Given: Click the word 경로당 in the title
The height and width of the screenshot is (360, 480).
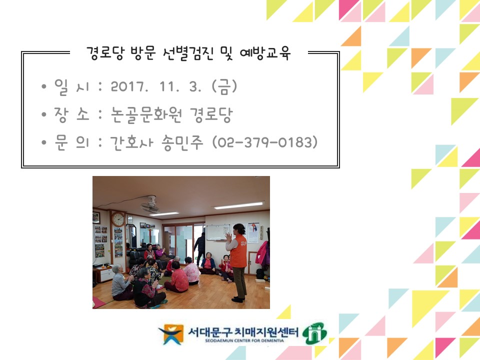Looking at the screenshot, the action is point(105,53).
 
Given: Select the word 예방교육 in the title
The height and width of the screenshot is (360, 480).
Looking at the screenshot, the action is point(265,53).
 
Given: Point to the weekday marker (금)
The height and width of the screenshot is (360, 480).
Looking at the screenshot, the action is point(224,86).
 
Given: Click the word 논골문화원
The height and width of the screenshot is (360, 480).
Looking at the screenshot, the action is point(146,115).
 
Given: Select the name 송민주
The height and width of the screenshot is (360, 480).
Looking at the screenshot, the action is point(182,142).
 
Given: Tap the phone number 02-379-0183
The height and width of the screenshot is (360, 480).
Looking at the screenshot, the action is point(265,142).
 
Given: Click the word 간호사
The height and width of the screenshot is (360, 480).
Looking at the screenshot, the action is point(131,142).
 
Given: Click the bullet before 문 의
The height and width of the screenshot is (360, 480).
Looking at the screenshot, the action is point(44,142).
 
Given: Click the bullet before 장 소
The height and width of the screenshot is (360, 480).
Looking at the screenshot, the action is point(44,114).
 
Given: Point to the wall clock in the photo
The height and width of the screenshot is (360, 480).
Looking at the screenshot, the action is point(118,219).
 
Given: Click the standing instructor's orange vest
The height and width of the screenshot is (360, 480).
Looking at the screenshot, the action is point(238,251).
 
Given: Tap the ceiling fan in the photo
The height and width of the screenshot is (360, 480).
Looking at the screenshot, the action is point(150,205).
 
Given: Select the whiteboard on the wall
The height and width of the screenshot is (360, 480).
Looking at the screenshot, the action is point(218,232).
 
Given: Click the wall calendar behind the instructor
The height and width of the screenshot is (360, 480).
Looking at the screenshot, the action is point(253,233).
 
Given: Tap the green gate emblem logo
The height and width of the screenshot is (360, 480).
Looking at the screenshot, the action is point(314,333).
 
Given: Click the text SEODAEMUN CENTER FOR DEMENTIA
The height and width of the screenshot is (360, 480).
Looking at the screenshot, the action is point(244,340).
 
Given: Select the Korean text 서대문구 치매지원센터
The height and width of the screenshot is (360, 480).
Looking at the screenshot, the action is point(243,331).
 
